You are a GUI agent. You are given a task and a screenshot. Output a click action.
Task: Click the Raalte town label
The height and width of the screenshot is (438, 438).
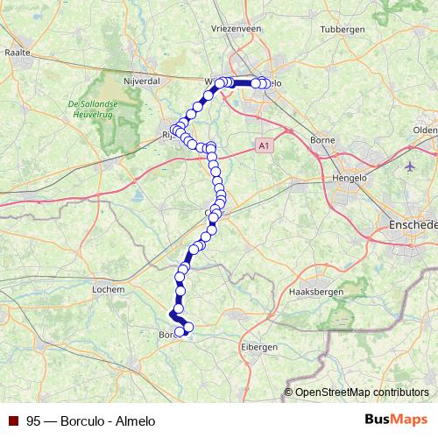pyautogui.click(x=18, y=53)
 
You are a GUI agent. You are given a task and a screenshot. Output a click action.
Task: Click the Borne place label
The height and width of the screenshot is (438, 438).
pyautogui.click(x=323, y=139)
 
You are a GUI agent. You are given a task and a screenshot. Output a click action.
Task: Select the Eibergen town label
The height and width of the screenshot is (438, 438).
pyautogui.click(x=258, y=347)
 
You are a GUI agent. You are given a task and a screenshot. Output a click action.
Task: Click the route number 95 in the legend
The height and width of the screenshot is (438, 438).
pyautogui.click(x=33, y=420)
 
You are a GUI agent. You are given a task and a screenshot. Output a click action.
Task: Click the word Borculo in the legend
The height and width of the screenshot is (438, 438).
pyautogui.click(x=83, y=420)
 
